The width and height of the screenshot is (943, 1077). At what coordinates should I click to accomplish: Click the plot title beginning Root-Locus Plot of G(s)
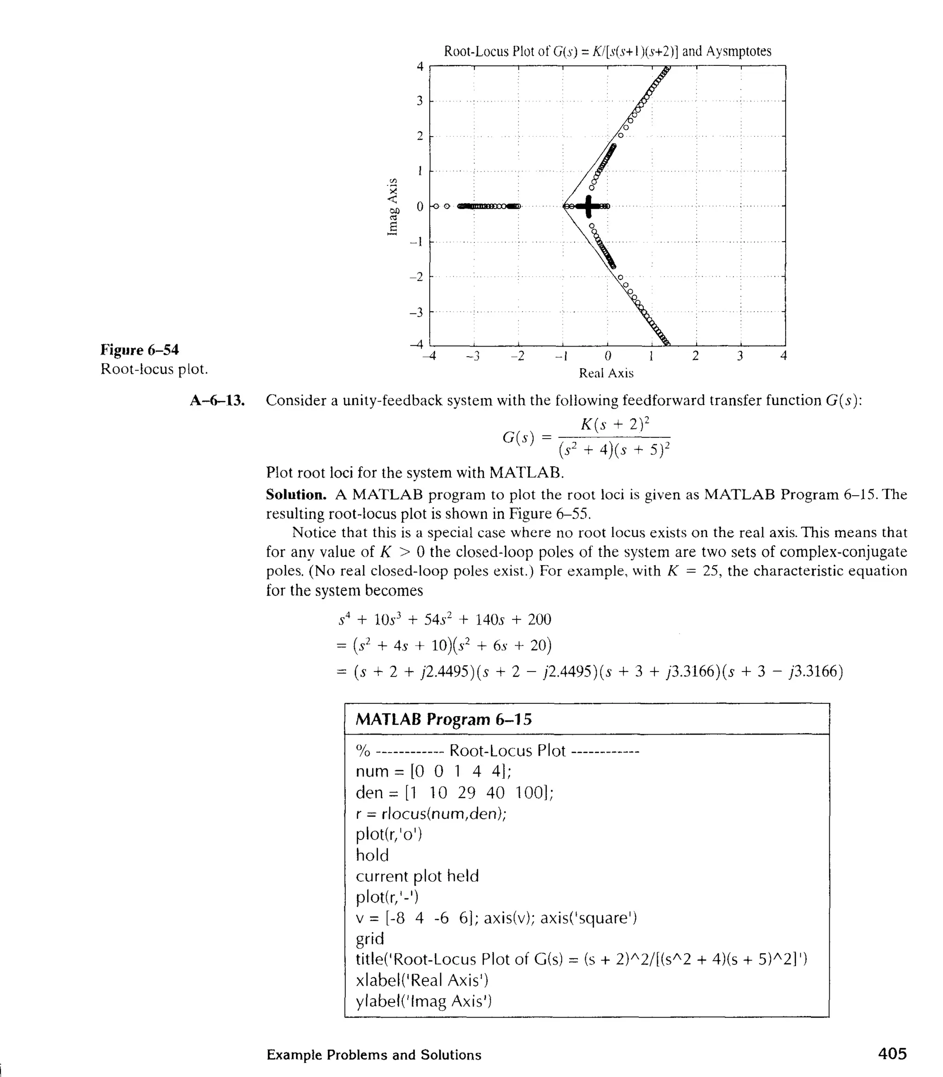pyautogui.click(x=607, y=51)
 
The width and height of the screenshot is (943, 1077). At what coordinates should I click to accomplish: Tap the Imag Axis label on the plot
pyautogui.click(x=392, y=207)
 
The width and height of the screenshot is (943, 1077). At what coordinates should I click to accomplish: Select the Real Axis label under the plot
pyautogui.click(x=606, y=373)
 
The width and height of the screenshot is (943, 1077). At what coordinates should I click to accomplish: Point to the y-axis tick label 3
pyautogui.click(x=419, y=101)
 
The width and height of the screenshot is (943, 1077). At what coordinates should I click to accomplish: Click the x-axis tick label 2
pyautogui.click(x=695, y=357)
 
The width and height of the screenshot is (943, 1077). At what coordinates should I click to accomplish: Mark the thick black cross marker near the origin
pyautogui.click(x=588, y=206)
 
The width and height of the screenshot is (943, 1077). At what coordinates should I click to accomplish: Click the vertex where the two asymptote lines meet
pyautogui.click(x=564, y=206)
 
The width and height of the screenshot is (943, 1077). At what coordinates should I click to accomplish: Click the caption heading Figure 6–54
pyautogui.click(x=140, y=350)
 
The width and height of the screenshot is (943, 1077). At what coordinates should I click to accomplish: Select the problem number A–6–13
pyautogui.click(x=217, y=401)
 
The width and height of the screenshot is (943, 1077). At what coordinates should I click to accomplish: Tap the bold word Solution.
pyautogui.click(x=296, y=495)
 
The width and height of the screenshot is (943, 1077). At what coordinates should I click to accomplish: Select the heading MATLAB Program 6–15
pyautogui.click(x=443, y=719)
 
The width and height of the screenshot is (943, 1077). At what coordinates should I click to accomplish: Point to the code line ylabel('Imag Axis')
pyautogui.click(x=424, y=1001)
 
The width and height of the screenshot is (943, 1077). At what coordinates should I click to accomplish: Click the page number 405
pyautogui.click(x=892, y=1054)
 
